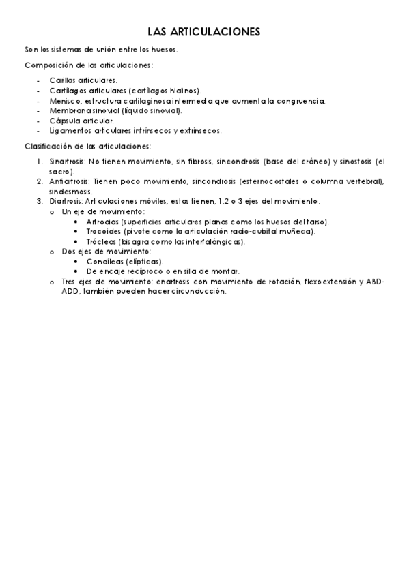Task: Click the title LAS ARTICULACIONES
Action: pyautogui.click(x=203, y=32)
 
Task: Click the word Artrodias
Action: pyautogui.click(x=102, y=222)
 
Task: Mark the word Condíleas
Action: pyautogui.click(x=104, y=261)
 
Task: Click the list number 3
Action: pyautogui.click(x=40, y=202)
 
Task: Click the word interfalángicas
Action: pyautogui.click(x=212, y=241)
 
